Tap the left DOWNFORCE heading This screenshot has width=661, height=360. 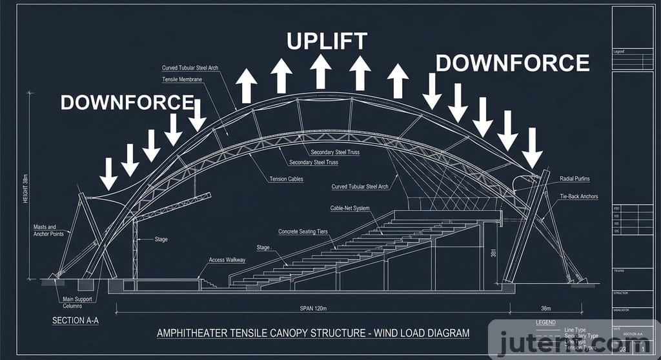click(127, 102)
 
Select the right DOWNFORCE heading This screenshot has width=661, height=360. click(513, 63)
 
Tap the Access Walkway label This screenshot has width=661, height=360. click(227, 260)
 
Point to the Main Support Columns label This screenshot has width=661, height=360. click(77, 303)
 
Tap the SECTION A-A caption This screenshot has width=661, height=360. click(75, 320)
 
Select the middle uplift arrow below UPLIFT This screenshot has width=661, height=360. click(320, 71)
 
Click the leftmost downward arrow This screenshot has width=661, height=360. click(108, 173)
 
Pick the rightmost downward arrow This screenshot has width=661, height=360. click(532, 148)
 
